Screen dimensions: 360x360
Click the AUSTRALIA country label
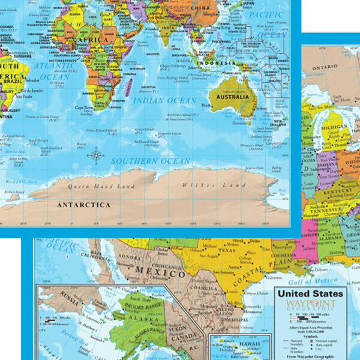click(x=233, y=97)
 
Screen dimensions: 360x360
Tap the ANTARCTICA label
click(x=83, y=205)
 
